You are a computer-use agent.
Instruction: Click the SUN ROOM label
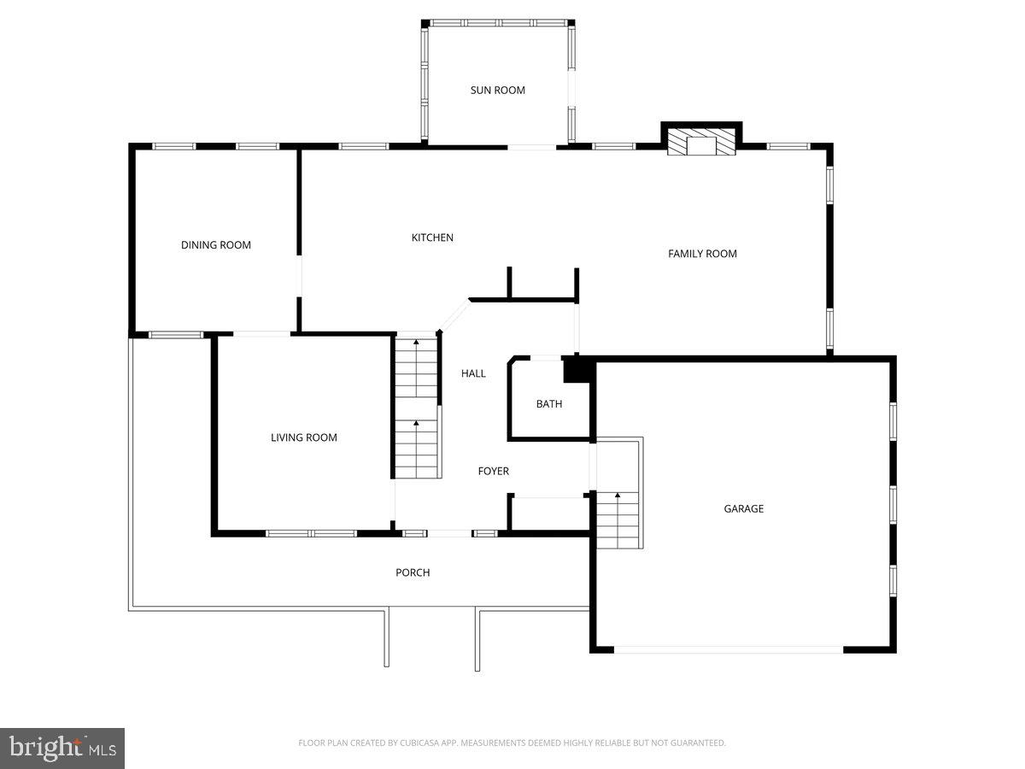497,90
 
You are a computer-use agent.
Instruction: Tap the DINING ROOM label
216,245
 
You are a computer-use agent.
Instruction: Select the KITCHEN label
432,238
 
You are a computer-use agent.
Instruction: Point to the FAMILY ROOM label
702,254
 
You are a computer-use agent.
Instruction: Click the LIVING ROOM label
304,437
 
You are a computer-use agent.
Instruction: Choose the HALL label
473,373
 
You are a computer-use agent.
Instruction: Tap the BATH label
549,404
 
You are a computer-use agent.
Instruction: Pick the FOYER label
493,471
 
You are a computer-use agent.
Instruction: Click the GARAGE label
744,508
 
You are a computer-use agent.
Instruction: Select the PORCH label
413,572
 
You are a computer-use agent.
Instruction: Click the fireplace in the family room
701,143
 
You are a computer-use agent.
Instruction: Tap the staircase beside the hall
416,408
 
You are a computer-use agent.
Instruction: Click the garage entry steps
618,520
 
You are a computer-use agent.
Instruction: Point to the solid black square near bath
577,369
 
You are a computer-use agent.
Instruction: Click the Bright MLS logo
62,748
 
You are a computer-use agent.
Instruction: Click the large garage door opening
729,650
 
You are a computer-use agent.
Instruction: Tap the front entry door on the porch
449,534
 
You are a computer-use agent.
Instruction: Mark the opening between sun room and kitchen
532,147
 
